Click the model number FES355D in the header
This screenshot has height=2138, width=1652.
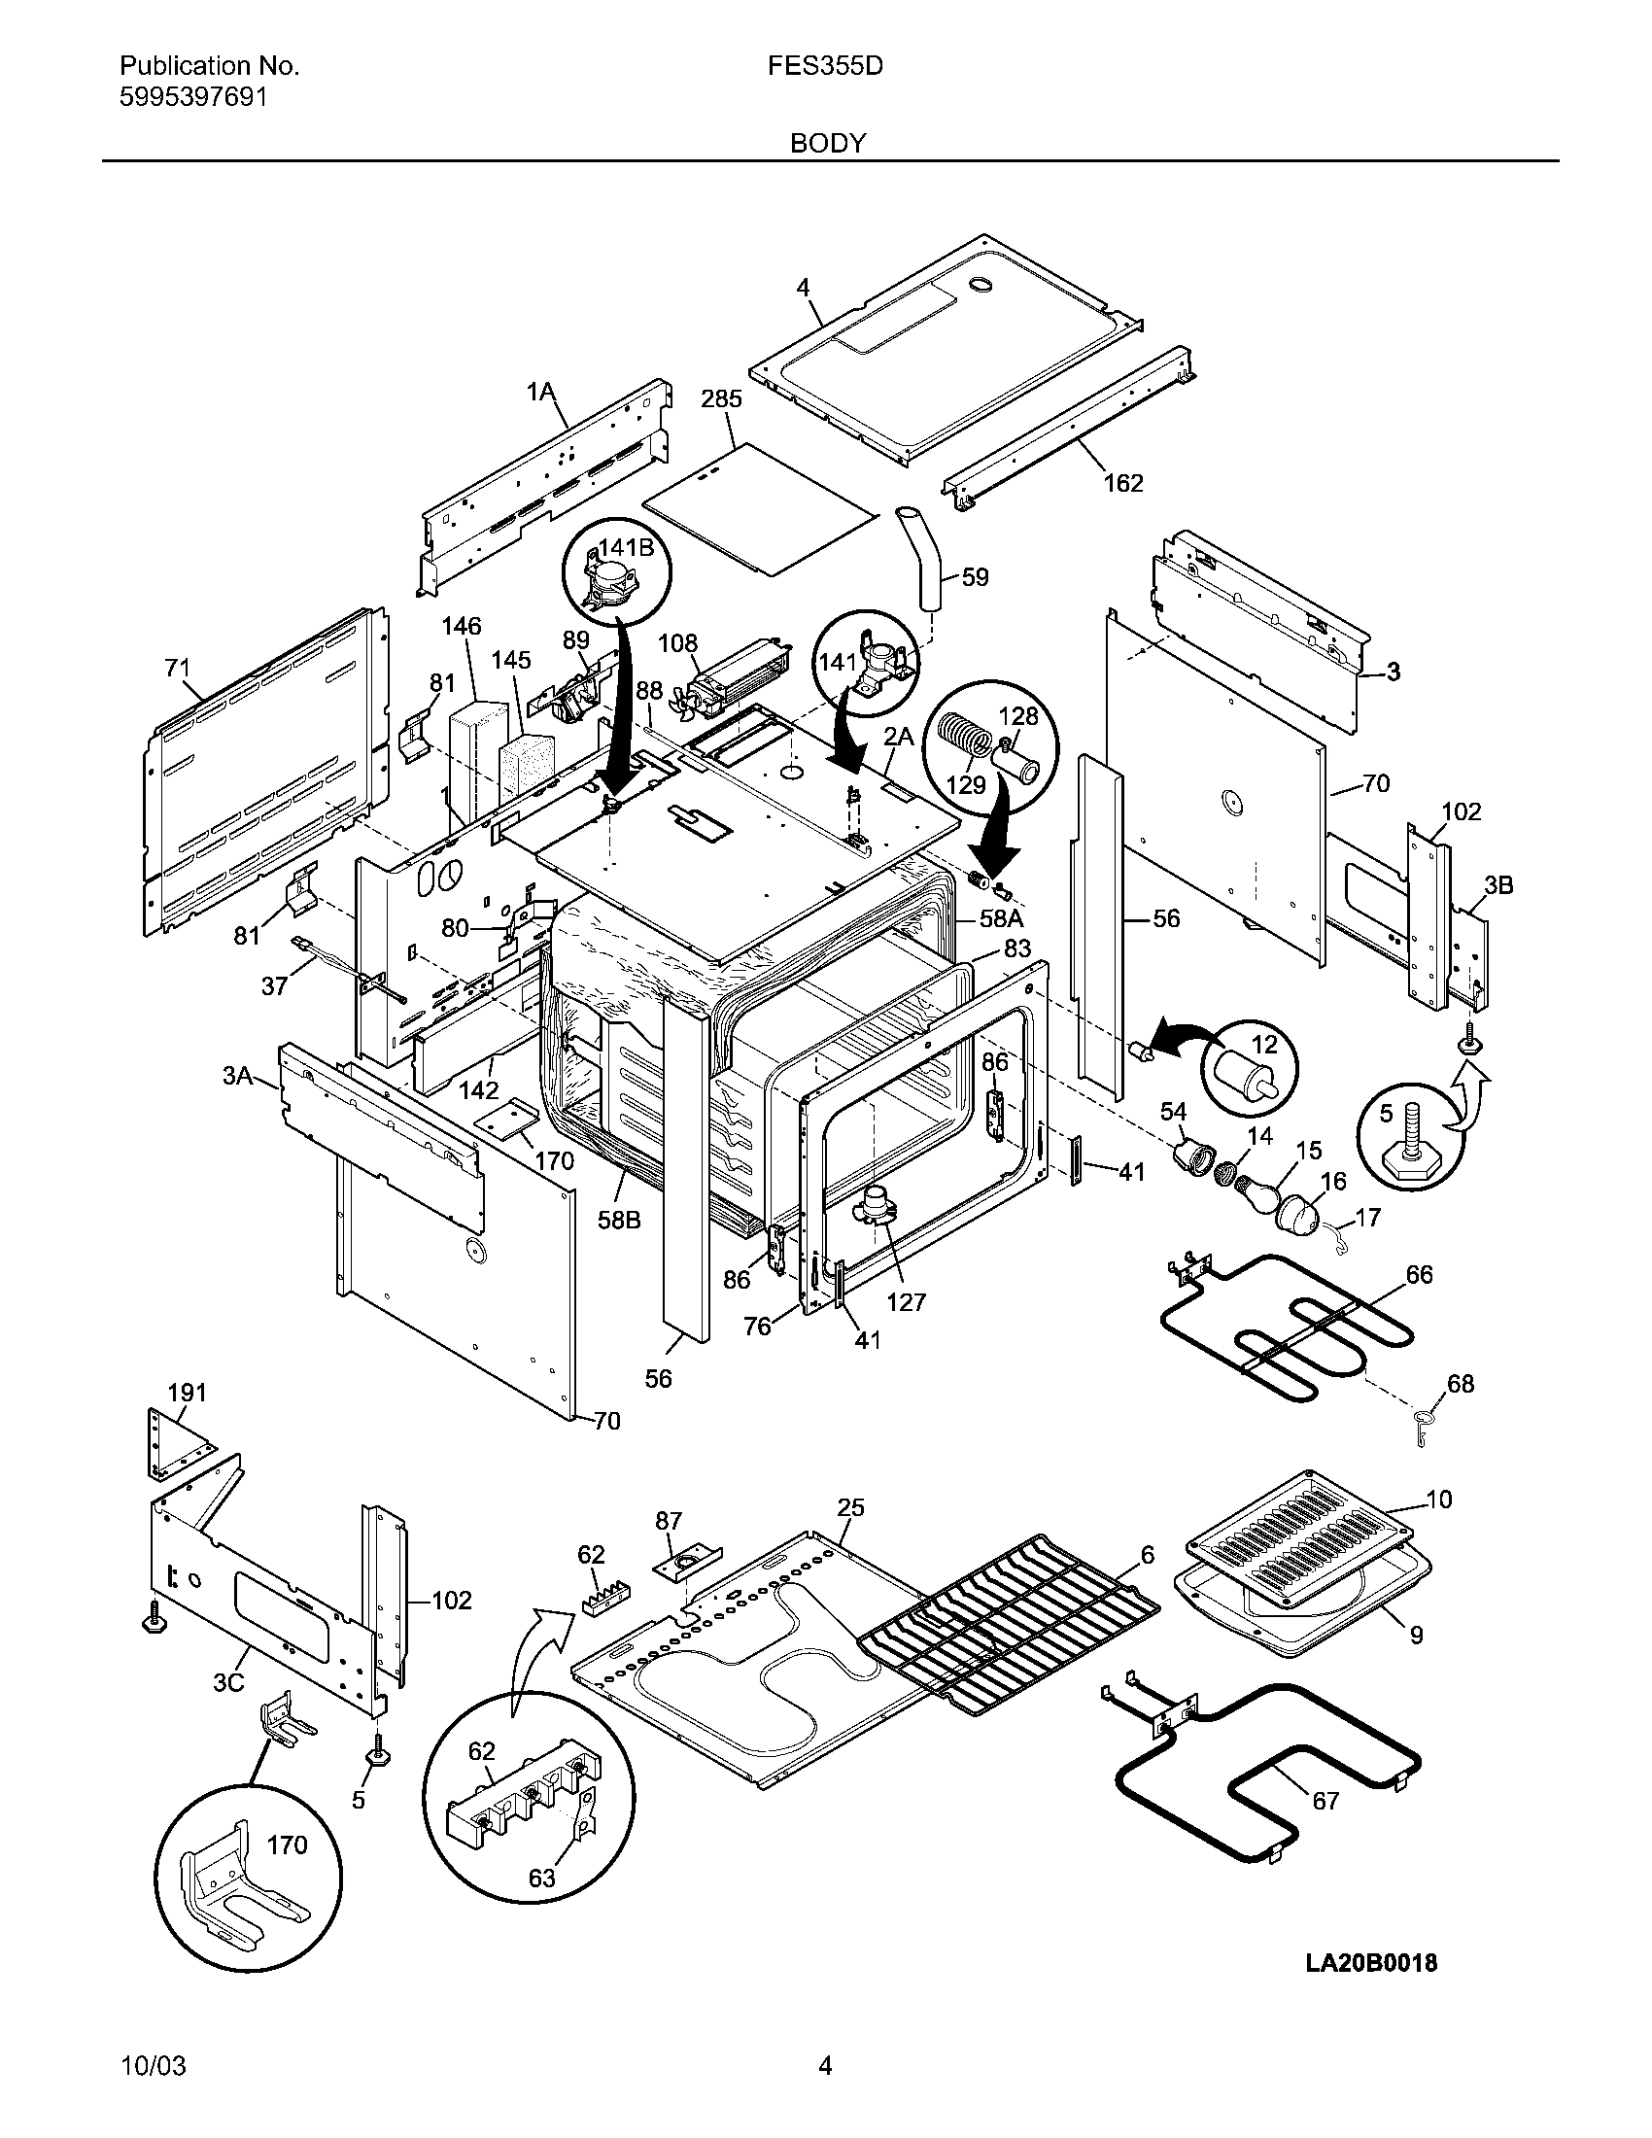tap(826, 65)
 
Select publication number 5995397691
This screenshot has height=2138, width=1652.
tap(191, 97)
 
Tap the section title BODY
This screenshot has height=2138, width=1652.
tap(828, 144)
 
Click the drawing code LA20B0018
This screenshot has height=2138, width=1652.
tap(1370, 1963)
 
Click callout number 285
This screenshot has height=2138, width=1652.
tap(721, 399)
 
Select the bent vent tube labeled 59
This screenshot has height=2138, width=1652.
tap(920, 558)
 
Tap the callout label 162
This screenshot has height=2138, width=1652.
tap(1123, 483)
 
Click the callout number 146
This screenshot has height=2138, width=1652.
tap(461, 626)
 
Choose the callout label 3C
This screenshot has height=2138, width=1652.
tap(229, 1684)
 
